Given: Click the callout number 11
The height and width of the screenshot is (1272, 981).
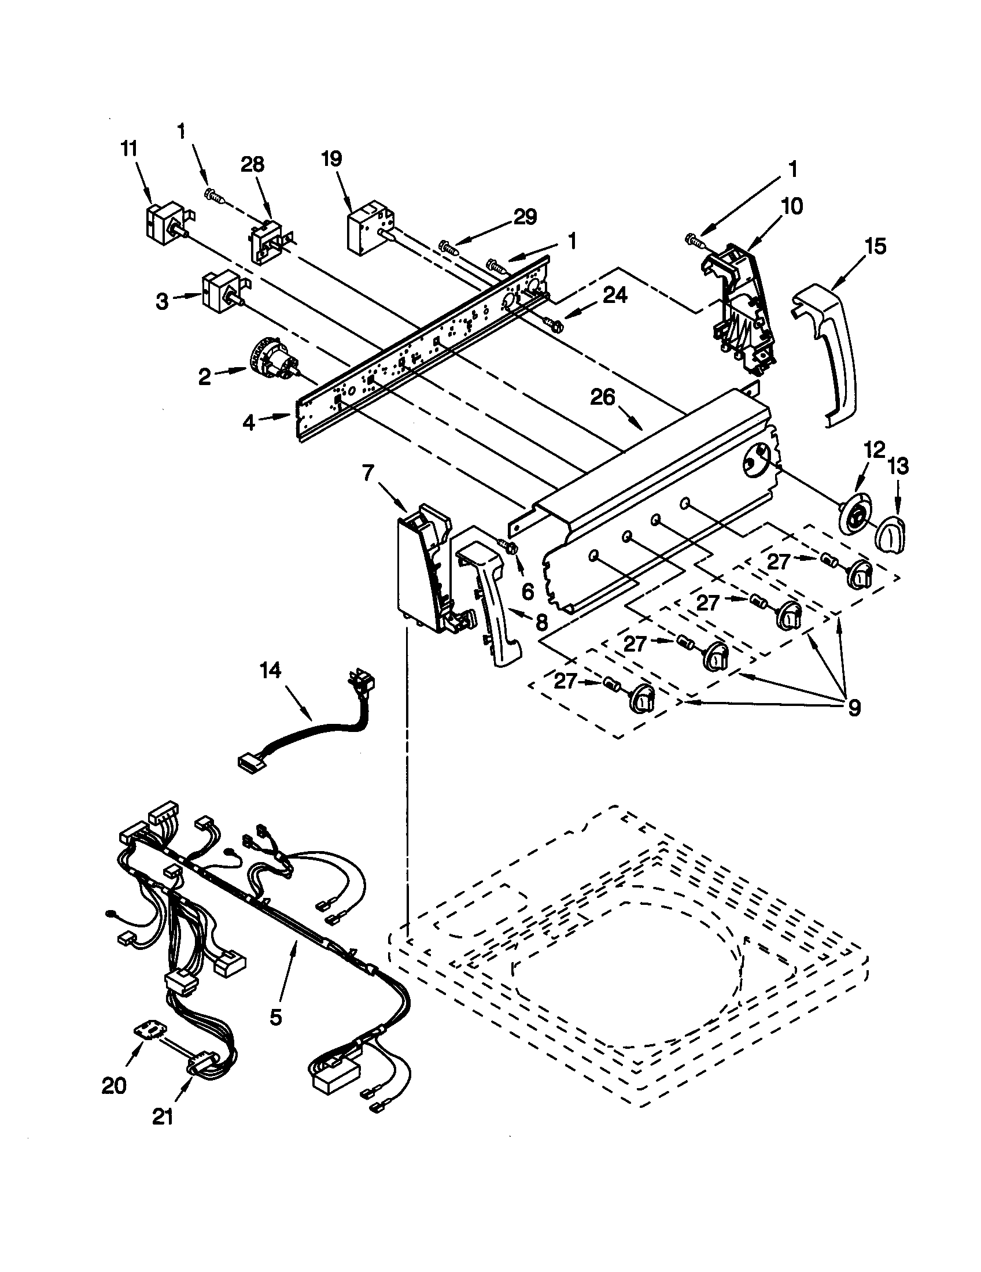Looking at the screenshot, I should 129,149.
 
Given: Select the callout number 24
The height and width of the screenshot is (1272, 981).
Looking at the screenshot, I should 615,295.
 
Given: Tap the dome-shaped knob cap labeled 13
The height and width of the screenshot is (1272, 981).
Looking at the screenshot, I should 888,534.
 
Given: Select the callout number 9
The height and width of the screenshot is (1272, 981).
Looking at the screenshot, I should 853,708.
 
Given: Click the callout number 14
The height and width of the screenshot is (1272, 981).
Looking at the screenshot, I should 270,671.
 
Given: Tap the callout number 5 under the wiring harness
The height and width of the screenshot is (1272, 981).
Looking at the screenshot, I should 276,1016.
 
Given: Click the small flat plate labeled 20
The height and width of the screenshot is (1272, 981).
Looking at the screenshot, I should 150,1032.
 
